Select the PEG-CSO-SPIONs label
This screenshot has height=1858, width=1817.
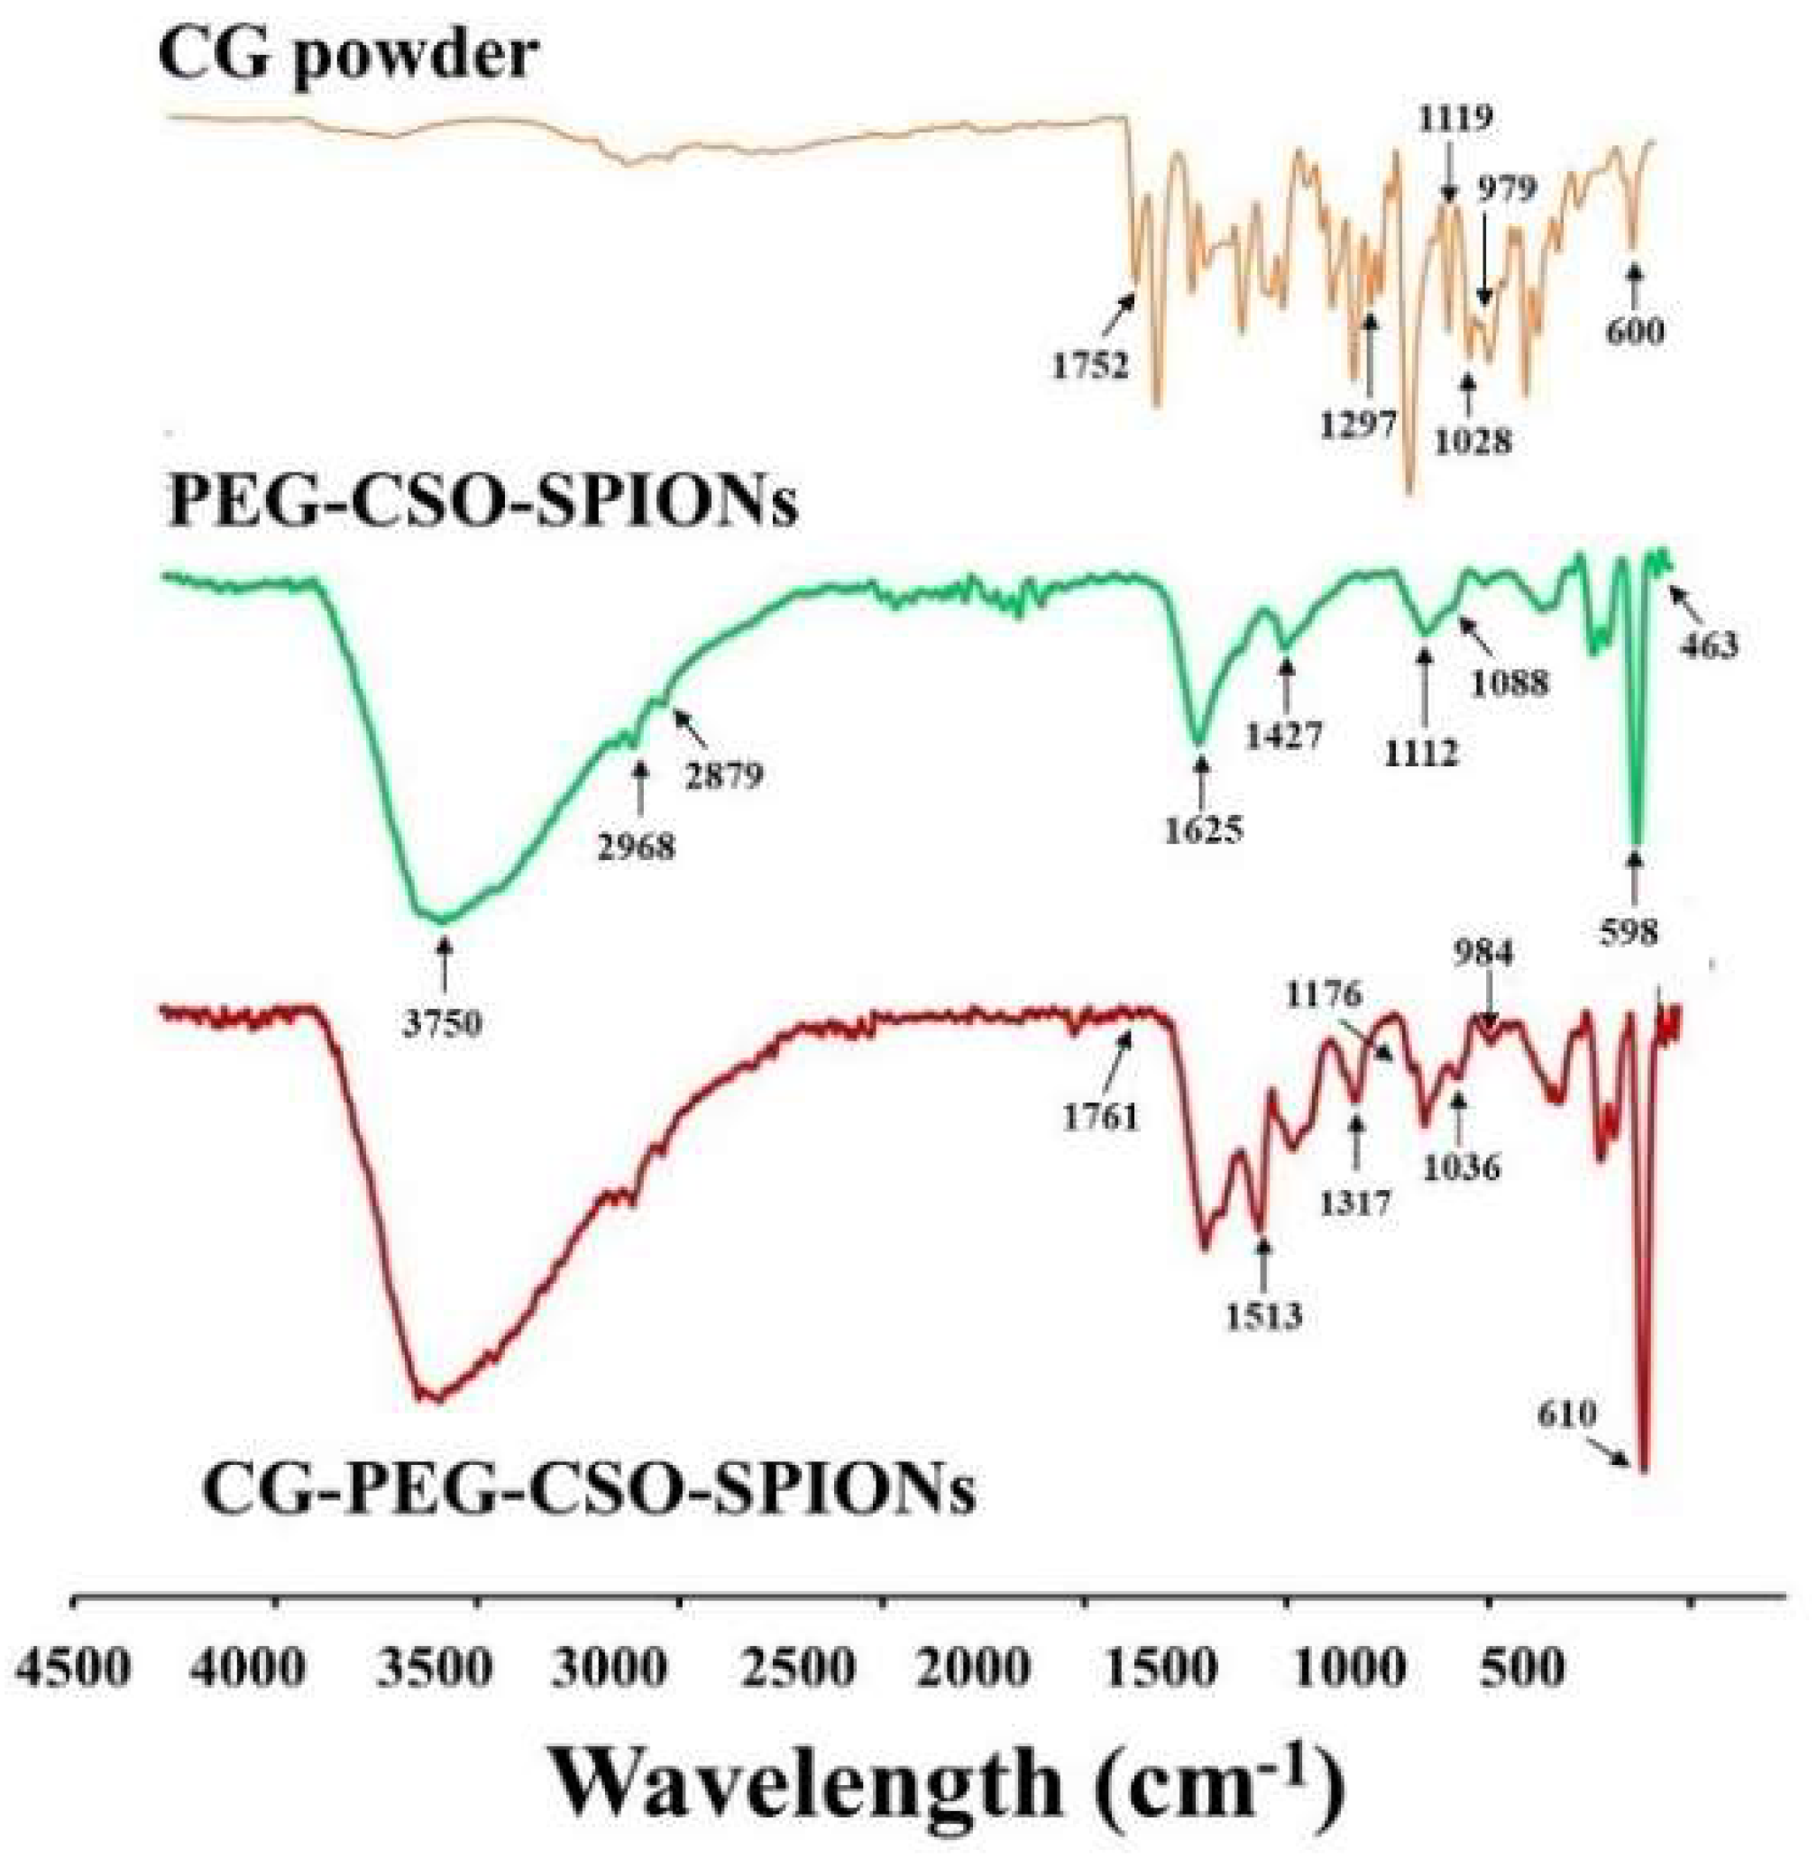(482, 503)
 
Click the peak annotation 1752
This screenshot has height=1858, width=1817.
(1091, 364)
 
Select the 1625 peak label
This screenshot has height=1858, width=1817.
(1204, 830)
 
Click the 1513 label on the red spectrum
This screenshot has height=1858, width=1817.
(1263, 1317)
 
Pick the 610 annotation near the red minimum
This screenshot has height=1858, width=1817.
(1566, 1414)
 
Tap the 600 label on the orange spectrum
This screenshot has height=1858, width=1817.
(1635, 331)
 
